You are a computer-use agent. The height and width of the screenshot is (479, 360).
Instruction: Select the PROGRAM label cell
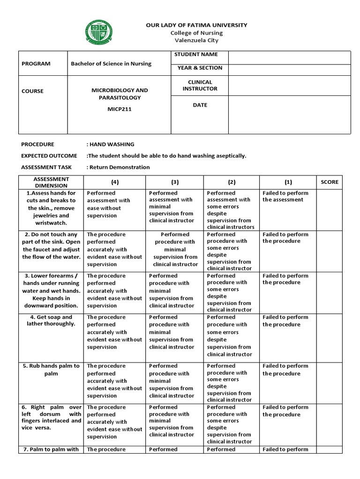coord(36,64)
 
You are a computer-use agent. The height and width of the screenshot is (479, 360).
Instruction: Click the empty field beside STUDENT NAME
coord(289,58)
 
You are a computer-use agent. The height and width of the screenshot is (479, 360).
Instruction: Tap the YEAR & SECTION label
coord(200,68)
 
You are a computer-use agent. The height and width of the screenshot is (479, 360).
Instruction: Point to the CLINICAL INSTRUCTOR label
coord(200,85)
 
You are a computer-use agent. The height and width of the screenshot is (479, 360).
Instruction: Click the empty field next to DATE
coord(289,115)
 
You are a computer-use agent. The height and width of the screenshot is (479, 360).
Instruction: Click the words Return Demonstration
coord(120,167)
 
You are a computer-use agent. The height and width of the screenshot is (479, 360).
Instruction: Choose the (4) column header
coord(114,182)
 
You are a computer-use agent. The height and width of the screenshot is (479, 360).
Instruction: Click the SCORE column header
coord(329,182)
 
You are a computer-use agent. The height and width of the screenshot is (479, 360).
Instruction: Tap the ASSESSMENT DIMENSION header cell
coord(51,182)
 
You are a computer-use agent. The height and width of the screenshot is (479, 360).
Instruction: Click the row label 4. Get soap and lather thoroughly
coord(51,320)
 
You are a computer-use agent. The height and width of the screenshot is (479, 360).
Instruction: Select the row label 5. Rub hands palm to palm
coord(51,370)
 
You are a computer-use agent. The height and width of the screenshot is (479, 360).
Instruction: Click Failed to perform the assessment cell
coord(285,196)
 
